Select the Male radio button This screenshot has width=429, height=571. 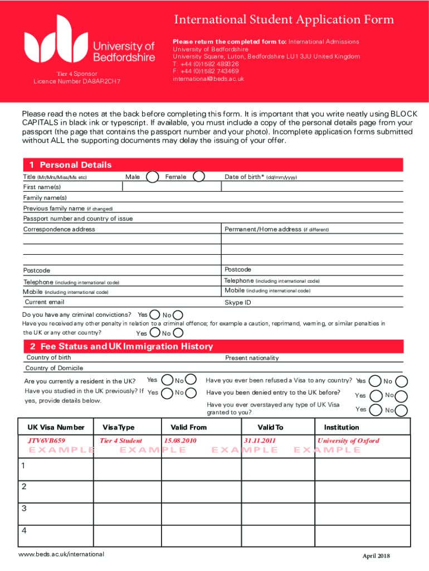coord(152,177)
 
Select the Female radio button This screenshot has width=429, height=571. coord(198,177)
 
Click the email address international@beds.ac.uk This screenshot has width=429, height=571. coord(208,79)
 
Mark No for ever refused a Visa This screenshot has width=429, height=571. coord(401,381)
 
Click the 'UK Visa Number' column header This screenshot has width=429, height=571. coord(56,427)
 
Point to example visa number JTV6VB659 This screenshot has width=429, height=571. coord(47,441)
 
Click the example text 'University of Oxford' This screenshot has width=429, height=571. coord(348,441)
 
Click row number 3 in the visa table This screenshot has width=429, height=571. coord(23,508)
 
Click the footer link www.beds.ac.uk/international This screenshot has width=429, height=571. coord(61,554)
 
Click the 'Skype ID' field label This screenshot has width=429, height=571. coord(238,303)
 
